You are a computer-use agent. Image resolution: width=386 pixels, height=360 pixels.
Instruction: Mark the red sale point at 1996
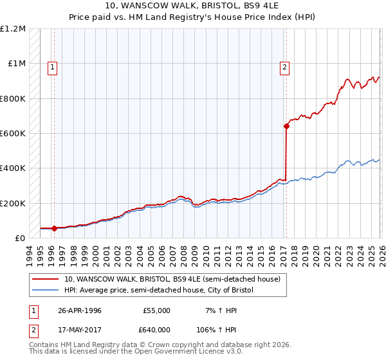(x=54, y=228)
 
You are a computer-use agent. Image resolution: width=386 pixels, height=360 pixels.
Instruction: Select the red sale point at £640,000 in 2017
(x=286, y=126)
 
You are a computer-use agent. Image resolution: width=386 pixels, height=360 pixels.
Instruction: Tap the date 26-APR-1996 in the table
(x=79, y=310)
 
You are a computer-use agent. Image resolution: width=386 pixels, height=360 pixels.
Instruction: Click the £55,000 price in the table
(x=157, y=310)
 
